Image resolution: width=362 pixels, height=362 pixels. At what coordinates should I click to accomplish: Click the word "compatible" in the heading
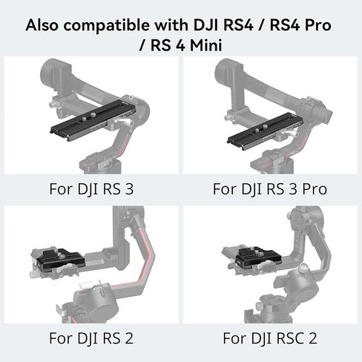pos(107,25)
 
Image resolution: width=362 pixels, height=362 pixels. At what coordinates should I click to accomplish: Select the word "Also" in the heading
pos(42,25)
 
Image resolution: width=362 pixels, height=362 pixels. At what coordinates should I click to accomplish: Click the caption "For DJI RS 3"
pos(91,189)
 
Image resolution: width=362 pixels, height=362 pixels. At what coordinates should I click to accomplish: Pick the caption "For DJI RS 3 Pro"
pos(270,189)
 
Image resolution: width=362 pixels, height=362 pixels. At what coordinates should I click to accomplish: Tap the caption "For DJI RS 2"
pos(91,338)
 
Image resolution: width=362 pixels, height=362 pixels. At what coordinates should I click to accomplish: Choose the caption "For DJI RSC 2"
pos(270,338)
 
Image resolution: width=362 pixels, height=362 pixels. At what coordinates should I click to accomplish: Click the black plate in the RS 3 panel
pos(93,120)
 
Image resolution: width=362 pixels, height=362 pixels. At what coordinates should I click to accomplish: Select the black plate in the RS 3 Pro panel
pos(265,131)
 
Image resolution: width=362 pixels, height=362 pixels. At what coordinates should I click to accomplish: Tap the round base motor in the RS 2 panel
pos(95,306)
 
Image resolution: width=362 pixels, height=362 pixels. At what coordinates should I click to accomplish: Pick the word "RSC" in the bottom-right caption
pos(290,338)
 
